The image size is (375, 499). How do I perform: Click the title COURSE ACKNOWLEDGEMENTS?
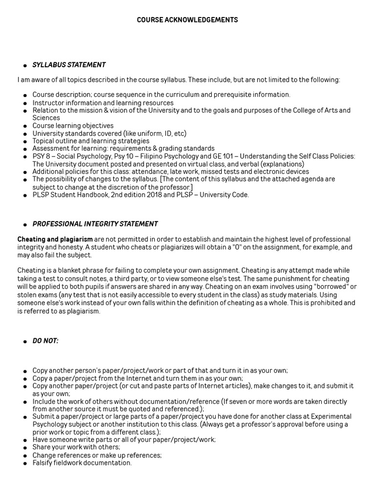(x=187, y=20)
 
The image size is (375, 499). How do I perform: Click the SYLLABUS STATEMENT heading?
(x=69, y=65)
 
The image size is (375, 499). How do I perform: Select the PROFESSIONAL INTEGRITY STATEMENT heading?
(x=95, y=224)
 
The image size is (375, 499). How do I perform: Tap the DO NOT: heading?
(x=45, y=341)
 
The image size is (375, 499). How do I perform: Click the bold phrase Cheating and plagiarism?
(x=55, y=240)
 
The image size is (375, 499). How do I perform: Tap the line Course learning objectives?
(x=73, y=126)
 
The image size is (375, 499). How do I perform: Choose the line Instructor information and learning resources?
(x=103, y=103)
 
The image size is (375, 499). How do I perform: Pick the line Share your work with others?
(x=76, y=447)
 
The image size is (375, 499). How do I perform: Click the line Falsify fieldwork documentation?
(x=82, y=463)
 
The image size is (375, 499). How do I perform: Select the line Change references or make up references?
(x=97, y=455)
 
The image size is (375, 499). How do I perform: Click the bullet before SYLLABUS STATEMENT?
(x=24, y=66)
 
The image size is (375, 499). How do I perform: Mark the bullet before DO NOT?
(x=24, y=342)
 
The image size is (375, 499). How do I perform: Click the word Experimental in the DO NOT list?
(x=332, y=417)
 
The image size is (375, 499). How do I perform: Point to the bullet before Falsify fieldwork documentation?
(x=24, y=463)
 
